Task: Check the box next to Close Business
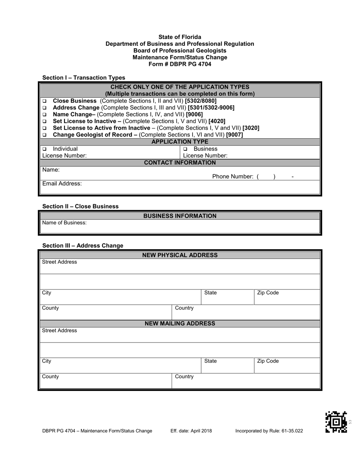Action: [x=44, y=101]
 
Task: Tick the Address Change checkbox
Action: [x=44, y=108]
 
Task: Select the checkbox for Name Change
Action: [x=44, y=114]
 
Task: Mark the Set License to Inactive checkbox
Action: [x=44, y=121]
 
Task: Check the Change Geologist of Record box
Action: [x=44, y=135]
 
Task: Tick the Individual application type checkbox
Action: [x=44, y=149]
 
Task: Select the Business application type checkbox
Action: [x=186, y=149]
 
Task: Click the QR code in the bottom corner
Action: [x=336, y=422]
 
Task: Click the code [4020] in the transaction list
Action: [x=217, y=121]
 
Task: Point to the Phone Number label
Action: [x=233, y=177]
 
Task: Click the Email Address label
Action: [x=62, y=184]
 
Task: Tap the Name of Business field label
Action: [x=64, y=223]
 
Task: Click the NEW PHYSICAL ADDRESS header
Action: [x=180, y=255]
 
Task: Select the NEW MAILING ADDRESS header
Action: [x=180, y=324]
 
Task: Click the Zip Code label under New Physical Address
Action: [x=268, y=293]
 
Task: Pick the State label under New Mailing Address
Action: [x=210, y=361]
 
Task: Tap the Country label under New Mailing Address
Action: [x=184, y=377]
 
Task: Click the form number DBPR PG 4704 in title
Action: [x=180, y=64]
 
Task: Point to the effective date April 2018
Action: [x=191, y=431]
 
